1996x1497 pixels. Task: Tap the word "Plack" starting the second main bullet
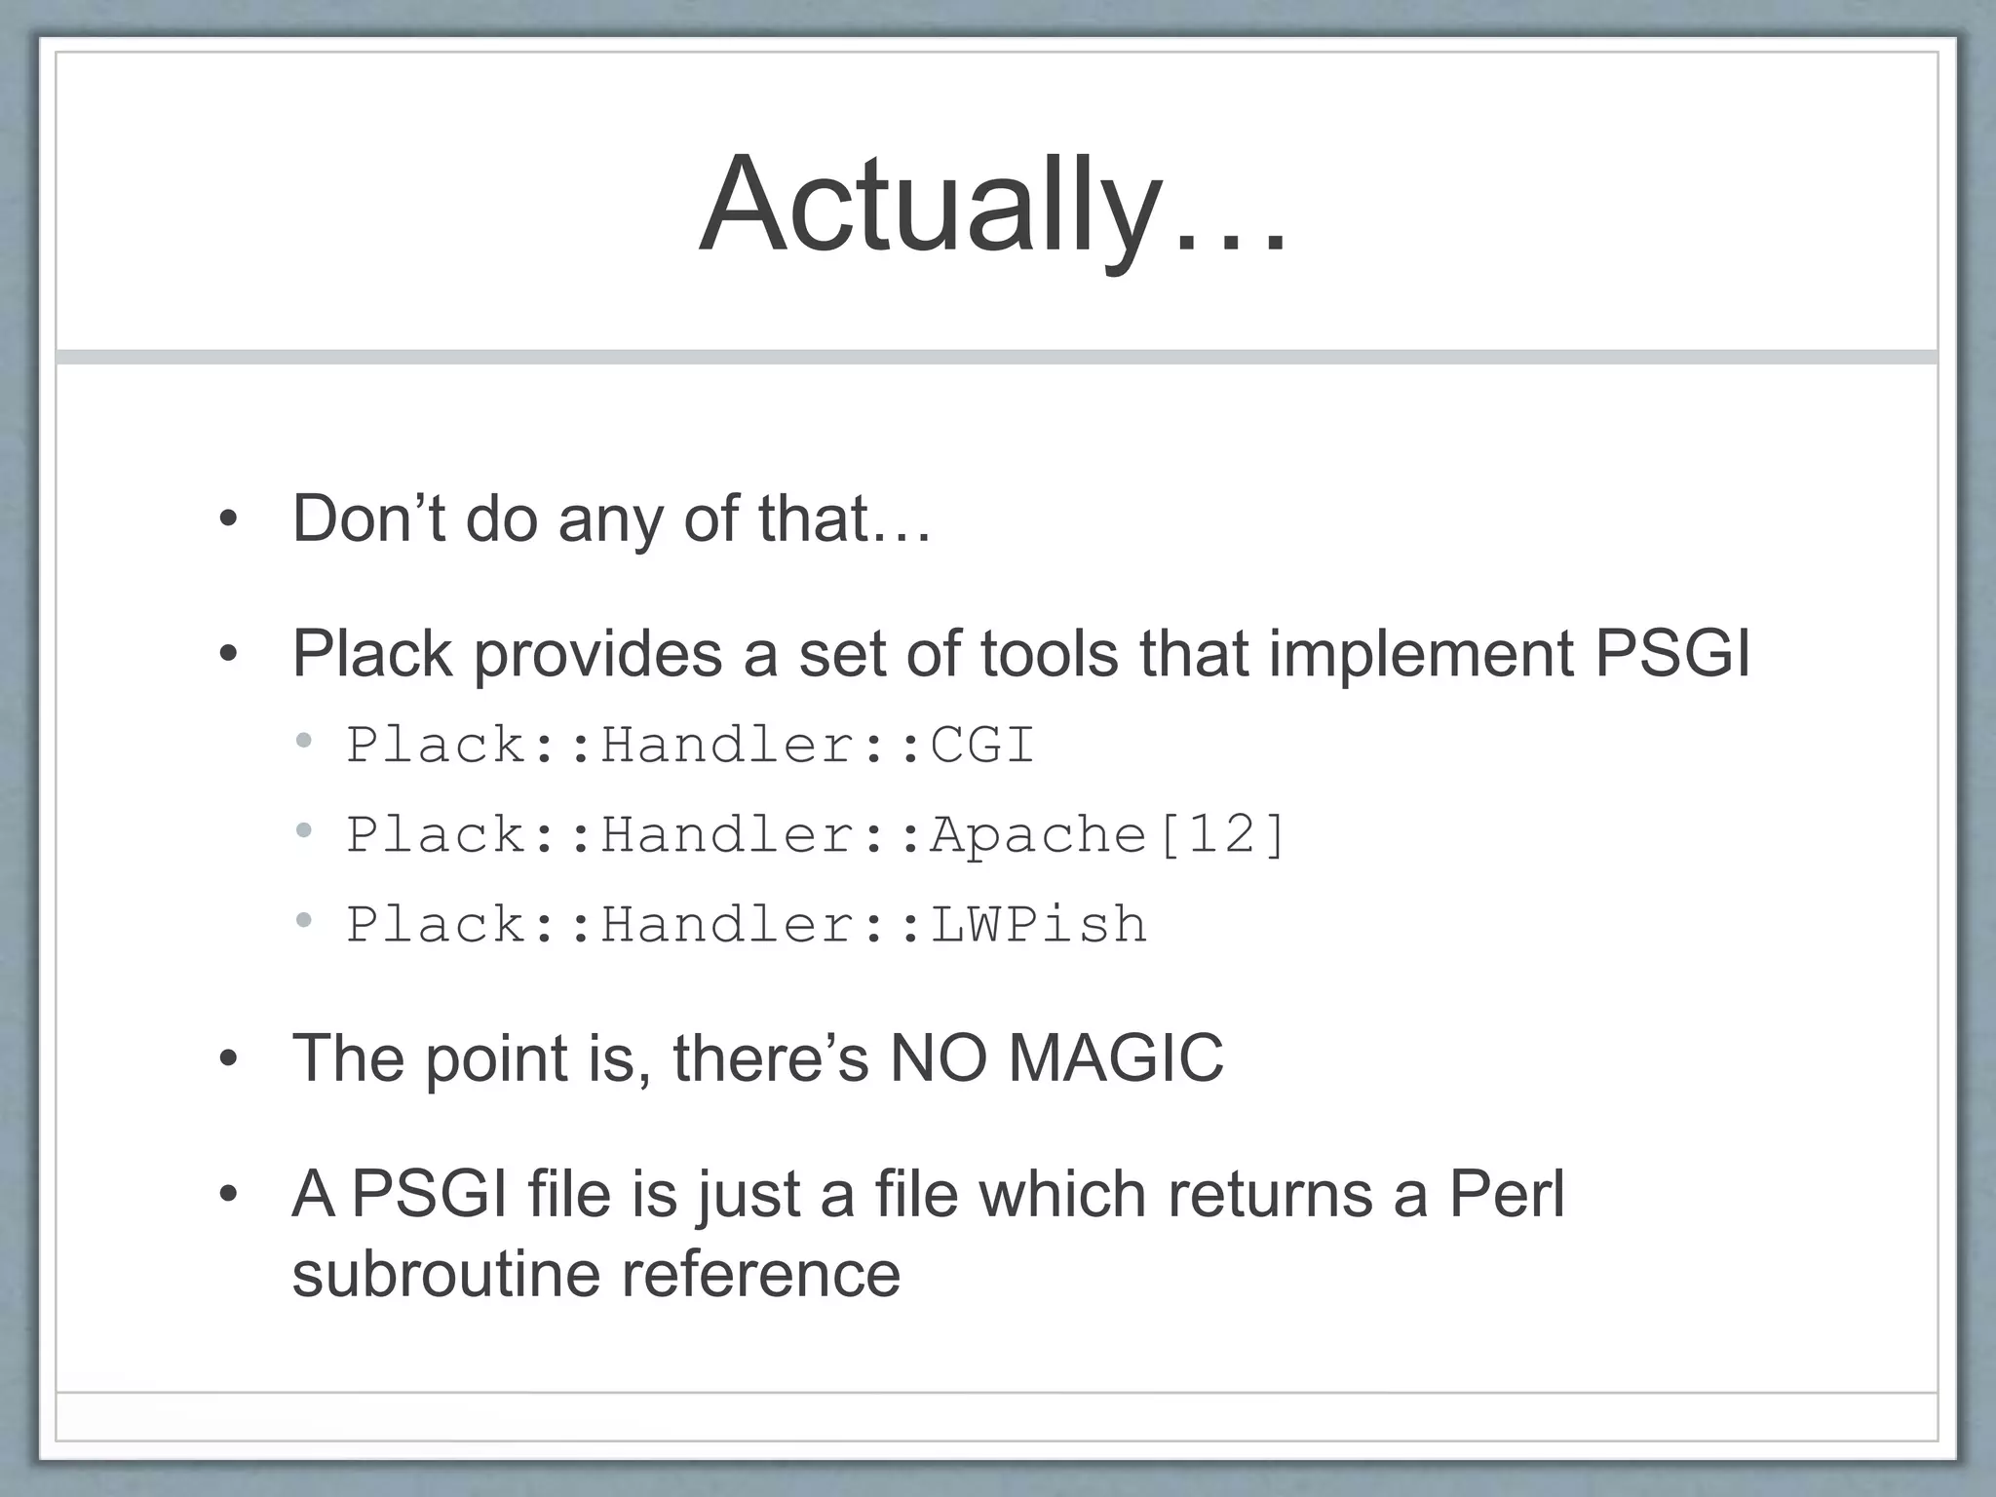click(x=371, y=654)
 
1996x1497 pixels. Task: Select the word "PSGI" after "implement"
click(x=1672, y=654)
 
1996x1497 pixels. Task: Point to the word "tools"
click(x=1050, y=654)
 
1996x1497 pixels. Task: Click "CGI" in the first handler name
click(x=981, y=746)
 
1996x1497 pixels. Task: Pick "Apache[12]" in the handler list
click(x=1109, y=835)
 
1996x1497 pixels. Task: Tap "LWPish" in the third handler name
click(x=1039, y=925)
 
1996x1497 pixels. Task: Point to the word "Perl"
click(x=1507, y=1194)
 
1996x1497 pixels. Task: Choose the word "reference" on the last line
click(x=761, y=1275)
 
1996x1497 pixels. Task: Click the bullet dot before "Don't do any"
click(x=228, y=520)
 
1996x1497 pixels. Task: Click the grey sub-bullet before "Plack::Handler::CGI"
click(x=304, y=742)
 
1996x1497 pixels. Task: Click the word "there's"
click(x=770, y=1058)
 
